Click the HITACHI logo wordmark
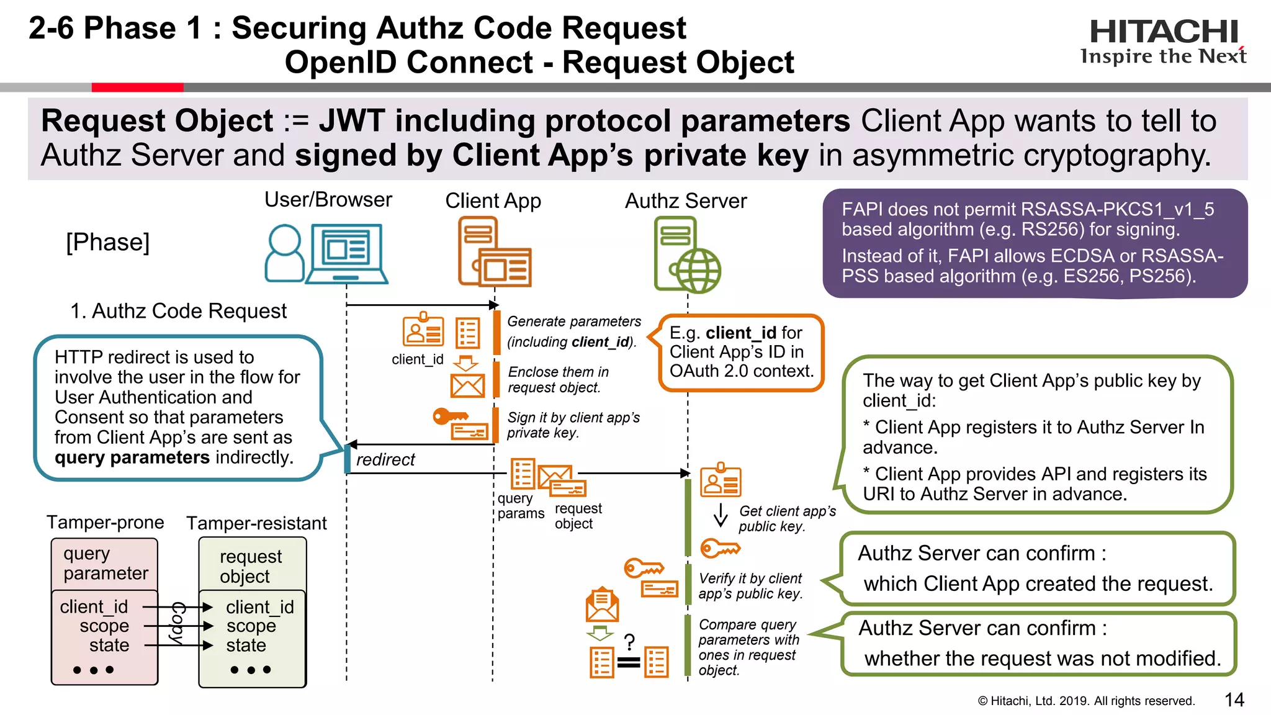click(x=1164, y=32)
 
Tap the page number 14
click(x=1234, y=699)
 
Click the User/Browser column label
click(x=328, y=200)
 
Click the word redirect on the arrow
click(x=385, y=460)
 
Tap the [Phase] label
click(x=108, y=242)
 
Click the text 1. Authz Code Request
click(x=178, y=311)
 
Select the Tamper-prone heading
click(x=106, y=523)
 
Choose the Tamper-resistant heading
click(x=256, y=523)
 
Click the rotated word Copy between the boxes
click(x=178, y=623)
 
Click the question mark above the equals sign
click(x=629, y=641)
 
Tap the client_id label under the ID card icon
click(x=418, y=359)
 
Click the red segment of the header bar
click(x=137, y=88)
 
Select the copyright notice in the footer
click(x=1086, y=701)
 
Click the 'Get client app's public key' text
click(x=786, y=518)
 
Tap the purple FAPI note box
click(x=1035, y=243)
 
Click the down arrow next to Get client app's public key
click(x=721, y=515)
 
